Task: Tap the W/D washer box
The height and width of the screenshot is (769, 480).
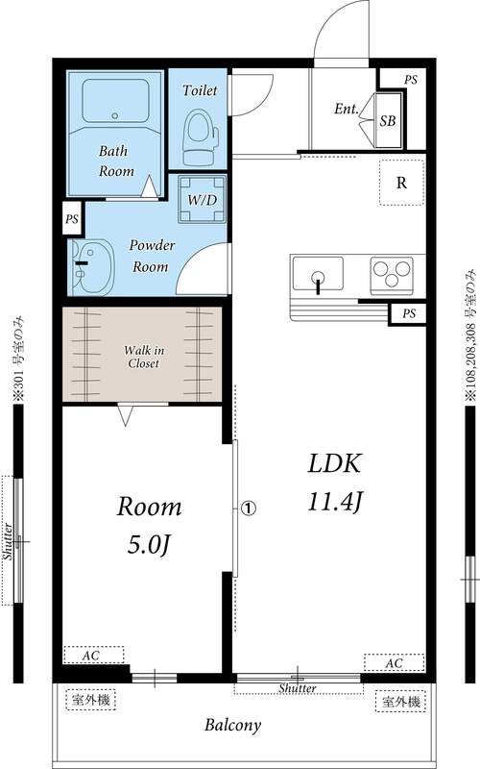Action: (202, 199)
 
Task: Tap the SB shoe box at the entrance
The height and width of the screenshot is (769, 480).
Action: (389, 120)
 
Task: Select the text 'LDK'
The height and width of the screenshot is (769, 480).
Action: (333, 464)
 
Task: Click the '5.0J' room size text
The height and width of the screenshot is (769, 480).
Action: (149, 546)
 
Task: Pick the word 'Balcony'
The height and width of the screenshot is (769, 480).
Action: (232, 726)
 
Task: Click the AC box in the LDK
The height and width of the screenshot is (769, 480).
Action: (394, 663)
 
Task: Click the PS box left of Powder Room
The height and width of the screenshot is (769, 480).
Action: (71, 219)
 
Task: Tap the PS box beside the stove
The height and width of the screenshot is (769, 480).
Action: (409, 313)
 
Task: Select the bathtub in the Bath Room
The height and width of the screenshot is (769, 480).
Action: (114, 100)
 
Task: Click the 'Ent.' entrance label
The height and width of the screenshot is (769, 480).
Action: (347, 110)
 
